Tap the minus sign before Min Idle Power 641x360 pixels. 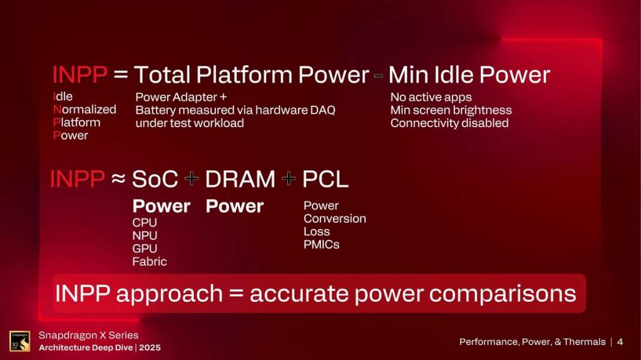[x=378, y=76]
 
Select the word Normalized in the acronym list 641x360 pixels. [x=85, y=109]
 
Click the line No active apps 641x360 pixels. [x=431, y=97]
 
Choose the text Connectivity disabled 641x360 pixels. [x=449, y=123]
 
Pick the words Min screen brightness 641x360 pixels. [x=451, y=110]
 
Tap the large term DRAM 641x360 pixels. [x=240, y=180]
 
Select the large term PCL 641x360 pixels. [x=325, y=180]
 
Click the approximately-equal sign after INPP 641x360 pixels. [x=118, y=180]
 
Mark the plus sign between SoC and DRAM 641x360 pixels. [x=192, y=180]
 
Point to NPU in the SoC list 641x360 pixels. [x=145, y=235]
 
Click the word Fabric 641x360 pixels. [x=149, y=262]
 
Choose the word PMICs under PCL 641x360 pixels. [x=321, y=245]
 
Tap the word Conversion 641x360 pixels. [x=334, y=219]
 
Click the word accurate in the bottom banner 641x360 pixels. [x=299, y=294]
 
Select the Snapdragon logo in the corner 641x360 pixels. [x=19, y=341]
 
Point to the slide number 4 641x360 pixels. [x=620, y=342]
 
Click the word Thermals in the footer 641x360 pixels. [x=583, y=342]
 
